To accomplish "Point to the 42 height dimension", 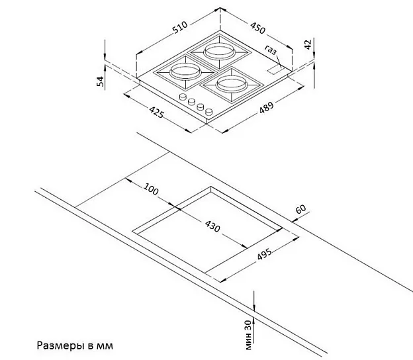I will [x=306, y=45].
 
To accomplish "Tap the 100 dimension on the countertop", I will [x=152, y=191].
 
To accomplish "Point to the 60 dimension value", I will [x=300, y=210].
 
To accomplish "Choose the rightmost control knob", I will [x=208, y=112].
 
